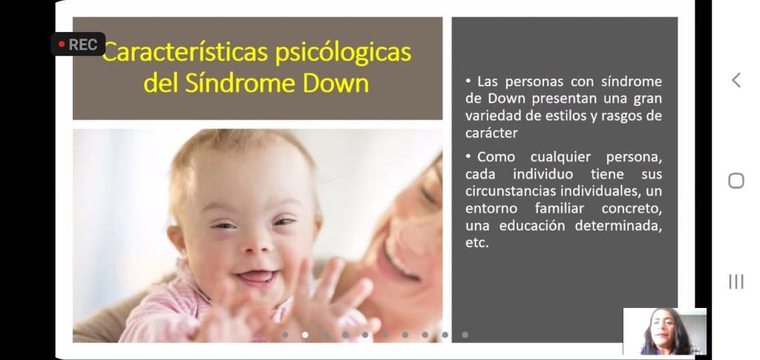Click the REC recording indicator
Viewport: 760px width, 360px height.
point(78,44)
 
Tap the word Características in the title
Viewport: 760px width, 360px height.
point(186,52)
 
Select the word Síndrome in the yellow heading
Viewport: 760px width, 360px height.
point(240,83)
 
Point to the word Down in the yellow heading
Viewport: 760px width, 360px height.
point(336,83)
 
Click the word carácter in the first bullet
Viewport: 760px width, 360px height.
point(491,134)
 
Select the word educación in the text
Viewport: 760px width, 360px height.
point(532,226)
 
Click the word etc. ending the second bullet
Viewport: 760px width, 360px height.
point(477,243)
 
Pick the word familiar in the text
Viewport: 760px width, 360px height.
point(560,209)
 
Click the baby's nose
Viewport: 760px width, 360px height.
point(256,243)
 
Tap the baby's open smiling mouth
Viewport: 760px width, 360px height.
point(256,277)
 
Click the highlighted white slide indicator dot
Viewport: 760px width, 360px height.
point(305,334)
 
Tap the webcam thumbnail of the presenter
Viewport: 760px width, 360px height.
point(664,332)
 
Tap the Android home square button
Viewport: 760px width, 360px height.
point(736,180)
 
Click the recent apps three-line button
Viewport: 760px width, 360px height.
point(736,281)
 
